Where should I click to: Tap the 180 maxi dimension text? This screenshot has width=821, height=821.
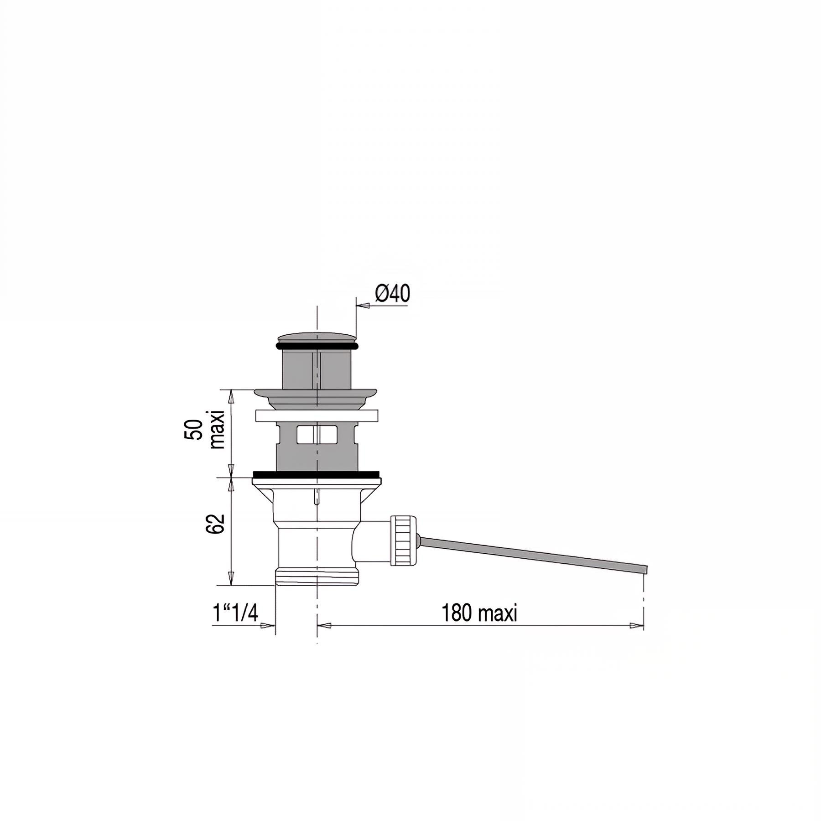479,613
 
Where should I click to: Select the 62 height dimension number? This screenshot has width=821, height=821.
216,524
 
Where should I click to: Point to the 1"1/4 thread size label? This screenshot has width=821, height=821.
235,613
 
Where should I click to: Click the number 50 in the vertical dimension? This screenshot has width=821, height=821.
194,429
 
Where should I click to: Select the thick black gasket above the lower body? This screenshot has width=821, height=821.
316,474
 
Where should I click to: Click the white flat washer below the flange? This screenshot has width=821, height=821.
317,416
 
